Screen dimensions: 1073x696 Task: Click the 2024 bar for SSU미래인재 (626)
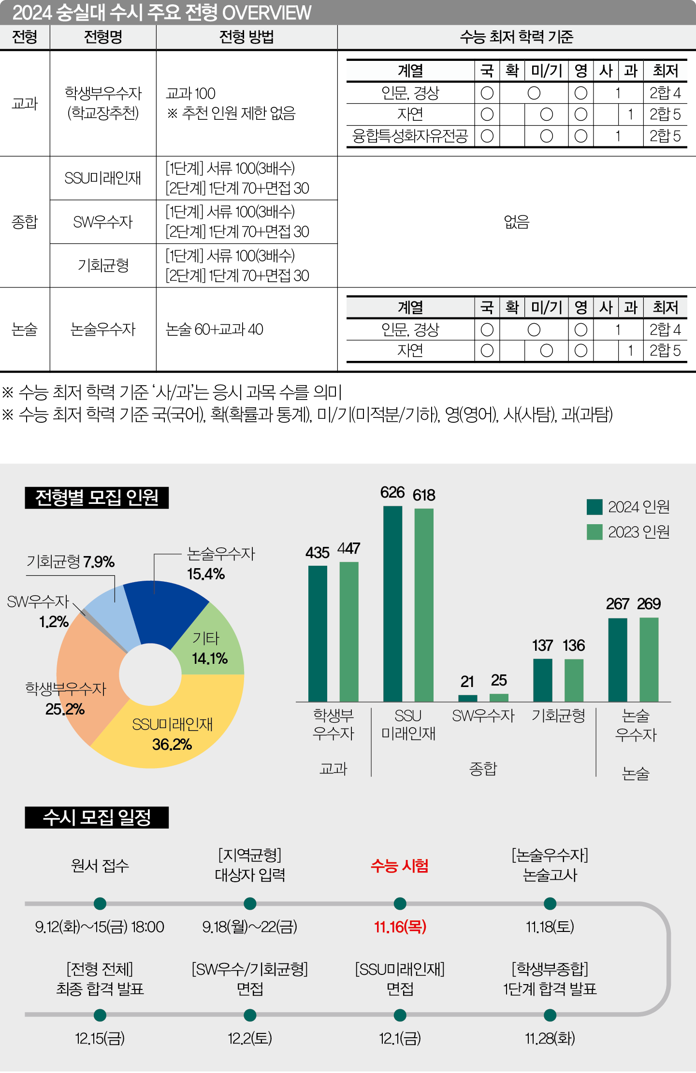point(392,604)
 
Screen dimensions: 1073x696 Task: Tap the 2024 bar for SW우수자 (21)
point(467,698)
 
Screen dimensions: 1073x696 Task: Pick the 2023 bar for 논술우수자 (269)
point(649,659)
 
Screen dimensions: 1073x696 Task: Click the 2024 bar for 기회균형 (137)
point(542,680)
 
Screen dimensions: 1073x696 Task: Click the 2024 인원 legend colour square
point(594,507)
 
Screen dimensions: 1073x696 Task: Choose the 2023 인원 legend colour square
point(594,532)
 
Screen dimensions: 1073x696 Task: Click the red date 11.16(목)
point(400,927)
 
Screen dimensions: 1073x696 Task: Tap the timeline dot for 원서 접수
point(100,903)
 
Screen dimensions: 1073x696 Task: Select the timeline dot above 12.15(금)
point(100,1015)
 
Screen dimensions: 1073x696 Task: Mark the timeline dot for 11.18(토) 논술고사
point(550,903)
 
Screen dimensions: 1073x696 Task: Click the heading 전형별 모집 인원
point(97,498)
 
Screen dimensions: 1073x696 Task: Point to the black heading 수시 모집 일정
point(97,817)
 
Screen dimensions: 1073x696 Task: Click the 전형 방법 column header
point(246,37)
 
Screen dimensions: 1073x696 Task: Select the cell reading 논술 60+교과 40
point(214,329)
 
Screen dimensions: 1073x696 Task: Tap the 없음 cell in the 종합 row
point(516,222)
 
